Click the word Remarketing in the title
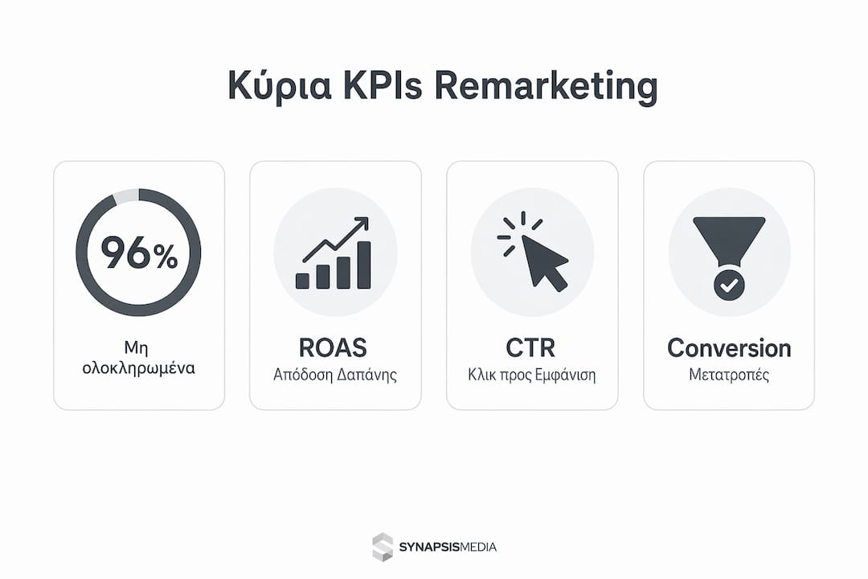546,86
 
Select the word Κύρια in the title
280,87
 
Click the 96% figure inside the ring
139,253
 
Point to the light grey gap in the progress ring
126,196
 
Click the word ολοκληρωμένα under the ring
138,368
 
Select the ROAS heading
333,348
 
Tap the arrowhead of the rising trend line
362,223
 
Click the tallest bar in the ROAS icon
364,265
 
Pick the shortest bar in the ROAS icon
302,281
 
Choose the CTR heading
530,348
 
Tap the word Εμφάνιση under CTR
566,375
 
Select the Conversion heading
729,348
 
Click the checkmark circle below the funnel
729,285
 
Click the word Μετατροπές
729,375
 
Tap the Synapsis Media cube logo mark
383,547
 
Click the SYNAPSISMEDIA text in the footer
448,548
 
